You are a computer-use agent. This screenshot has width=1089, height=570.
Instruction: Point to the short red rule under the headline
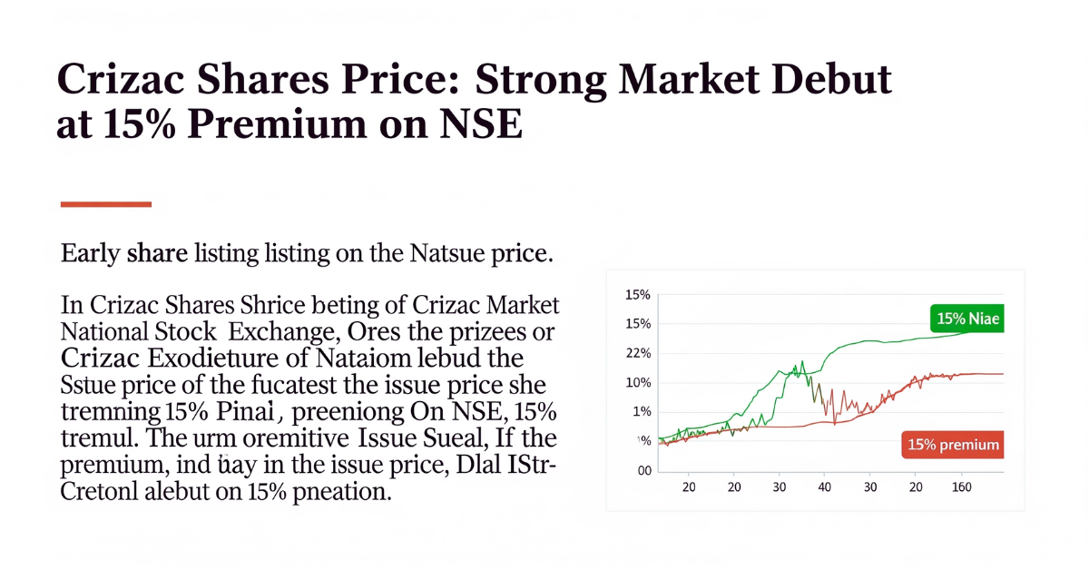pos(105,204)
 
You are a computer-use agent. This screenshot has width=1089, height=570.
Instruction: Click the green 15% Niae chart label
pos(967,319)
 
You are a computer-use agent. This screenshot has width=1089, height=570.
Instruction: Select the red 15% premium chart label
pos(954,445)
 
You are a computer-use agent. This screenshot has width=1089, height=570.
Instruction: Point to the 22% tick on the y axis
pos(639,353)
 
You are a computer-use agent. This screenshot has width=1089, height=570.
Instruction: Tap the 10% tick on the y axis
pos(639,382)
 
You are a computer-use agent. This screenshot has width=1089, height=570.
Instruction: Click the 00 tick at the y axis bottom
pos(645,470)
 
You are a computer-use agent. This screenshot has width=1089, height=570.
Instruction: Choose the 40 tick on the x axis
pos(824,487)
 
